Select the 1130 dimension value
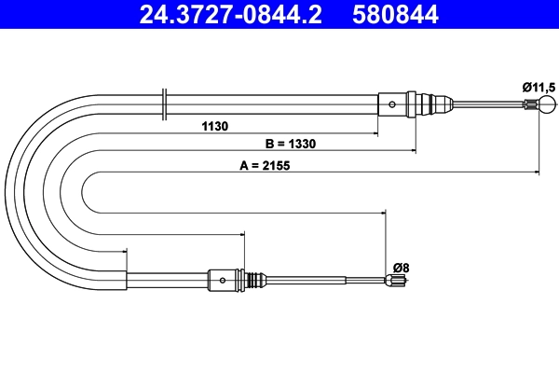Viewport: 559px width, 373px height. [x=213, y=126]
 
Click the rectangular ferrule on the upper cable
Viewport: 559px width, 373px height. [x=392, y=103]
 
